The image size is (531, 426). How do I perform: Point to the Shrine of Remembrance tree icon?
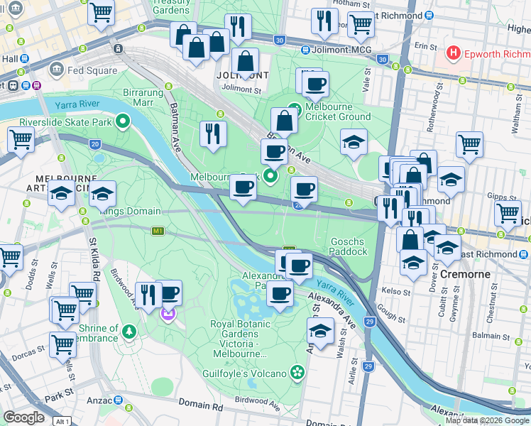(129, 331)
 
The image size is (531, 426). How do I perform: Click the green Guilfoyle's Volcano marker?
(297, 372)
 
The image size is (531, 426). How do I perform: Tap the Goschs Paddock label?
(349, 246)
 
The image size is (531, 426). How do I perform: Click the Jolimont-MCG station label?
(336, 50)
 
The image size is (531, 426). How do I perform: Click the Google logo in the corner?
(23, 417)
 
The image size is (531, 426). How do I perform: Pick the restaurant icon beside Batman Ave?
(213, 134)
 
